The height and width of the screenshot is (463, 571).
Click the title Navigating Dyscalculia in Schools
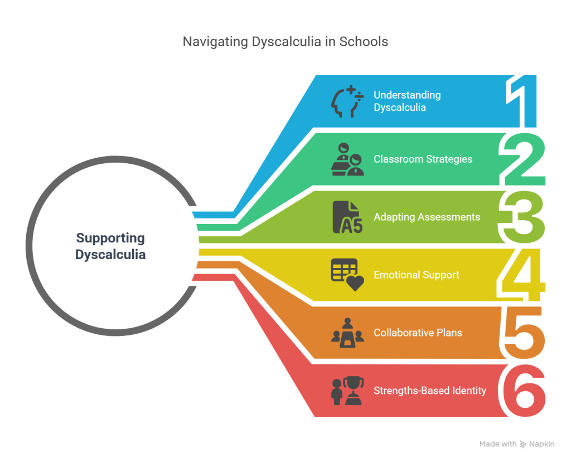[x=285, y=42]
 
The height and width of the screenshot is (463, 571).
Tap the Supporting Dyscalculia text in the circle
[x=110, y=246]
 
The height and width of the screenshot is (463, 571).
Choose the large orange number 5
[x=523, y=333]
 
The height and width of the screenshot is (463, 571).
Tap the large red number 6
[x=523, y=391]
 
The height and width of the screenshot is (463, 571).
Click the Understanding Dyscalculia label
[x=407, y=101]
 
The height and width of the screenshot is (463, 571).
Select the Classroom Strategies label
[x=423, y=159]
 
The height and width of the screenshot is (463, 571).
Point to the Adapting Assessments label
[x=427, y=217]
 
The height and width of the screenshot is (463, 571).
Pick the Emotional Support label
[x=416, y=275]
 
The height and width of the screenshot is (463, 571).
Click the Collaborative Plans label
[x=418, y=333]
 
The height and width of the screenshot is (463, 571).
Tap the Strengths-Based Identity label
[x=429, y=391]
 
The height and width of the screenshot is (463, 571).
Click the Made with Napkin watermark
[x=517, y=444]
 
